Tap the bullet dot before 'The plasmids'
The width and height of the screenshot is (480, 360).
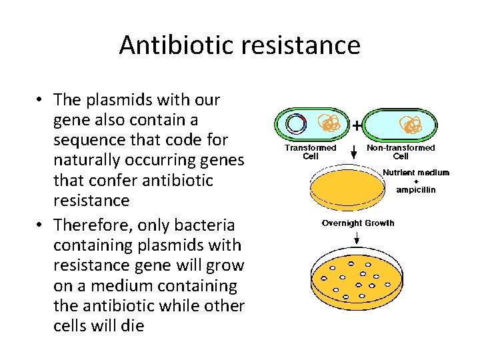coord(41,101)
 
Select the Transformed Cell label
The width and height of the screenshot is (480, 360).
coord(310,151)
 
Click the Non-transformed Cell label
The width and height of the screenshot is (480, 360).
coord(401,151)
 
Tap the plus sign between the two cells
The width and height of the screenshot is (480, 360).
coord(357,125)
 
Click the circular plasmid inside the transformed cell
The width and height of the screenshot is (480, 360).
coord(295,124)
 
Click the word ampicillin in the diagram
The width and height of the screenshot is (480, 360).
coord(415,189)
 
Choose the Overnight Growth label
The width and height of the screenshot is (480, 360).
coord(357,223)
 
